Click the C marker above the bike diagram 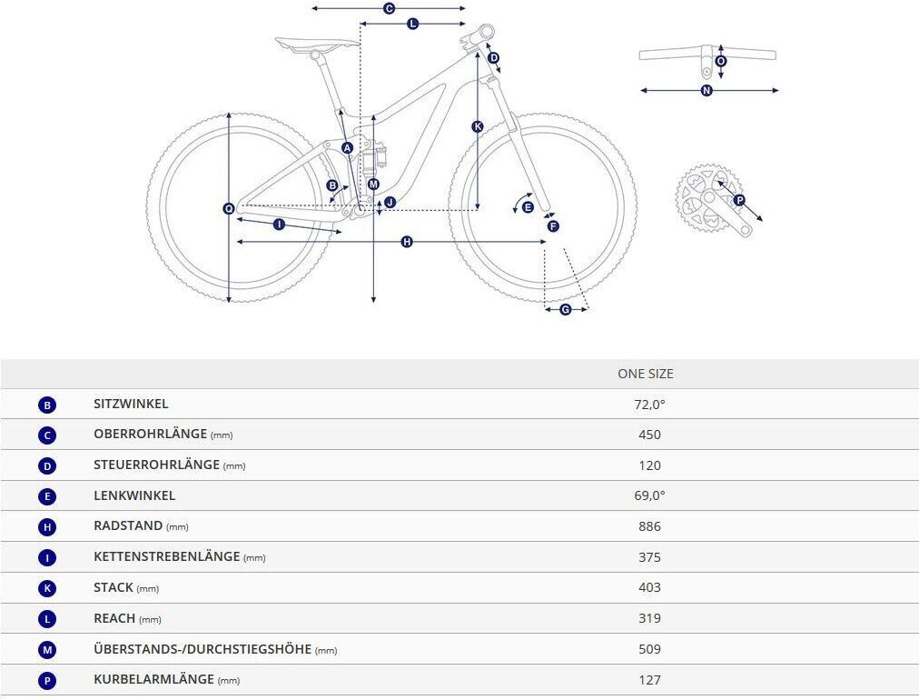click(389, 8)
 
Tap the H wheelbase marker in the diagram click(407, 242)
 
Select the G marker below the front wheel click(566, 310)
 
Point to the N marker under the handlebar click(707, 91)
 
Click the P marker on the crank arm click(738, 200)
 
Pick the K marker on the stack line click(478, 126)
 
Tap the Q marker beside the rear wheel click(229, 209)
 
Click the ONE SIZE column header click(646, 374)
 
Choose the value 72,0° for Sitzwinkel click(649, 405)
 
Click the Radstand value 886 click(649, 526)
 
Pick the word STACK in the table click(114, 587)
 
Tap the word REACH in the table click(114, 618)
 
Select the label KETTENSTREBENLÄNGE click(166, 556)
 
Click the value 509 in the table click(649, 649)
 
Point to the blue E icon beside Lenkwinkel click(47, 496)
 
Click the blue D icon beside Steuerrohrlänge click(47, 465)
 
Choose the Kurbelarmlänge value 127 click(649, 680)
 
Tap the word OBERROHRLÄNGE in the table click(150, 434)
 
